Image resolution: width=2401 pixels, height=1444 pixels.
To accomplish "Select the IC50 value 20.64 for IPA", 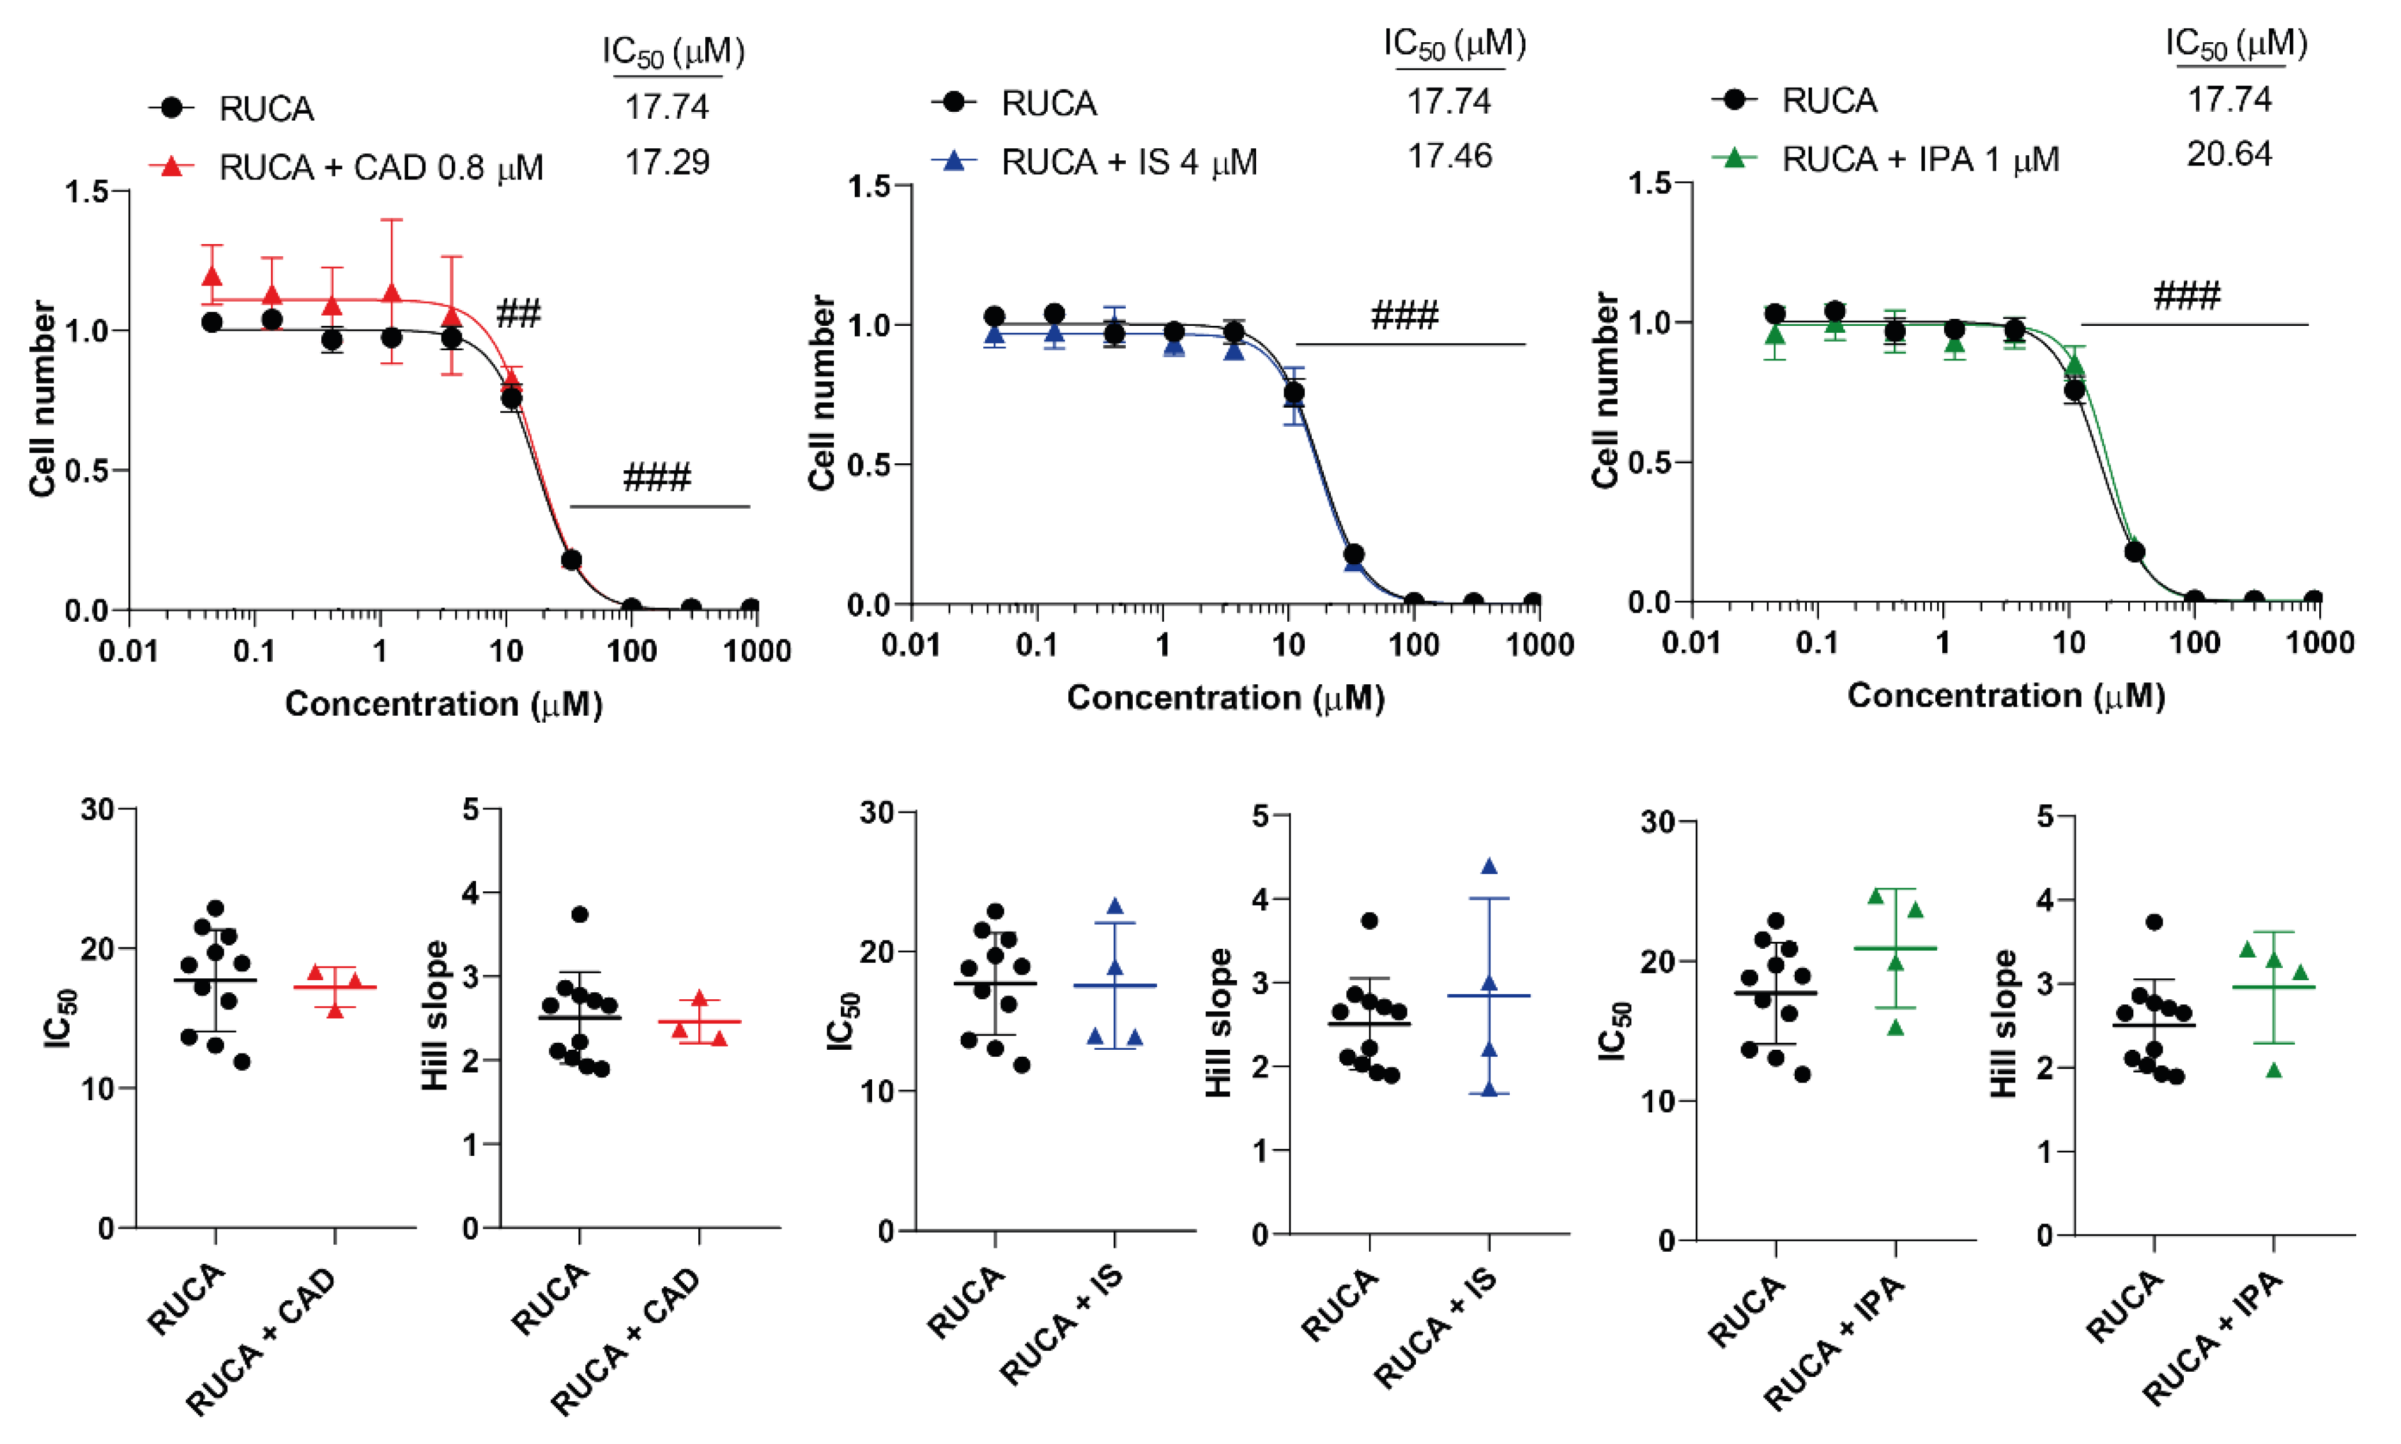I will pyautogui.click(x=2228, y=154).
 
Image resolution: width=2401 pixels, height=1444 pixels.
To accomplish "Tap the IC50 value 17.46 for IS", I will pyautogui.click(x=1448, y=156).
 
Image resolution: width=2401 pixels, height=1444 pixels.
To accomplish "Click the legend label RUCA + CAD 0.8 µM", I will pyautogui.click(x=380, y=167).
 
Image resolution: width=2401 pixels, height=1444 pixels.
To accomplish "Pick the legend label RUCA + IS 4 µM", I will pyautogui.click(x=1128, y=162).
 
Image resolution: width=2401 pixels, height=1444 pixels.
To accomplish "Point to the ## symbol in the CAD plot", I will pyautogui.click(x=518, y=313).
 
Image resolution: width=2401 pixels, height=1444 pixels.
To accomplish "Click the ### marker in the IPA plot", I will pyautogui.click(x=2186, y=295).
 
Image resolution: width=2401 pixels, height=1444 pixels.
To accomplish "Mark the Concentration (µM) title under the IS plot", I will pyautogui.click(x=1225, y=698).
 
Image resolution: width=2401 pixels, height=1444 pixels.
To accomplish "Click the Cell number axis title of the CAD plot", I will pyautogui.click(x=42, y=398).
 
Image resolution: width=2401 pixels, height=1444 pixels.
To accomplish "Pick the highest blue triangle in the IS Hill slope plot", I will pyautogui.click(x=1489, y=866).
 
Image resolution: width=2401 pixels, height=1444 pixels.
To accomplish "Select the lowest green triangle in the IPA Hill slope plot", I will pyautogui.click(x=2274, y=1070).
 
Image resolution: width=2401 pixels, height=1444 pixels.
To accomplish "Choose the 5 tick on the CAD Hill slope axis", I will pyautogui.click(x=470, y=810).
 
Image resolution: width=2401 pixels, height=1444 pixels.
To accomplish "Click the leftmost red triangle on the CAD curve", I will pyautogui.click(x=212, y=277).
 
